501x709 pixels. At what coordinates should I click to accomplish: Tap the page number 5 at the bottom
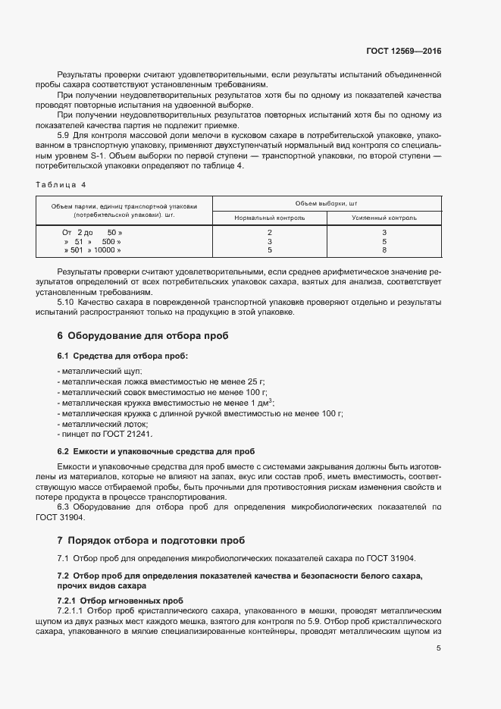tap(439, 648)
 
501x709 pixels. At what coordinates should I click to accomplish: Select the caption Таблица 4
tap(61, 184)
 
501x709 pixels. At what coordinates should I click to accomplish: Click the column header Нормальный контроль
tap(270, 218)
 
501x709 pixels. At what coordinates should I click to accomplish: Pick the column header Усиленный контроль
tap(384, 218)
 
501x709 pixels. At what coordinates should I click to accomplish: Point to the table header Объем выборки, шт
tap(327, 203)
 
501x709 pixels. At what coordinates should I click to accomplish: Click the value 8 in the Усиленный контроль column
tap(384, 249)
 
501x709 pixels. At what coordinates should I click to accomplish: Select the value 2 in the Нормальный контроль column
tap(270, 231)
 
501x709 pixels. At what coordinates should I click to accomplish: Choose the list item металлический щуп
tap(94, 372)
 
